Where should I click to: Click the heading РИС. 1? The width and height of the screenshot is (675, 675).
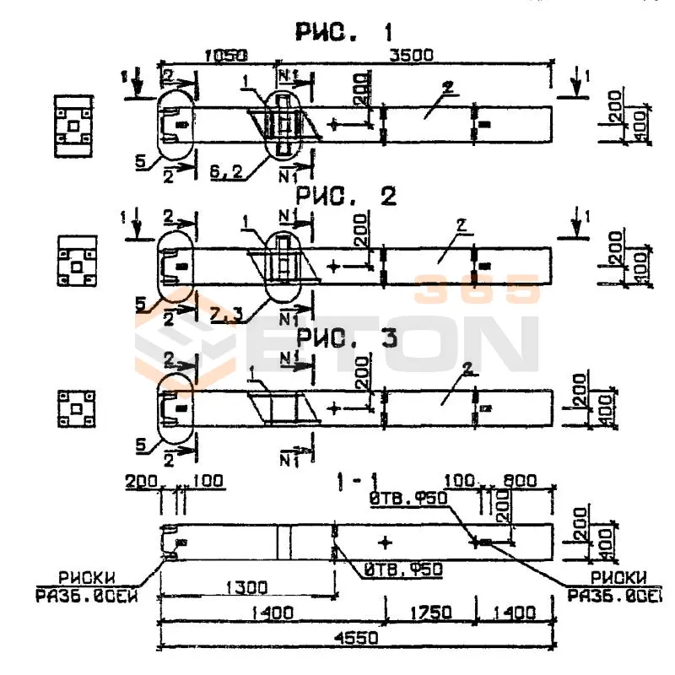pos(343,33)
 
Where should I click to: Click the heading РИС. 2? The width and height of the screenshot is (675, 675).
pos(345,197)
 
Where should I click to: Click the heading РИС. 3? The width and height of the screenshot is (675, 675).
pos(345,338)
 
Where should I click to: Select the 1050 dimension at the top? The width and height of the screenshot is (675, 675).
pos(225,56)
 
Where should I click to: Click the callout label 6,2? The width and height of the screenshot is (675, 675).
pos(227,173)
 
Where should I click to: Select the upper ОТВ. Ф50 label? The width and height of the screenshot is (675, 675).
pos(408,499)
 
